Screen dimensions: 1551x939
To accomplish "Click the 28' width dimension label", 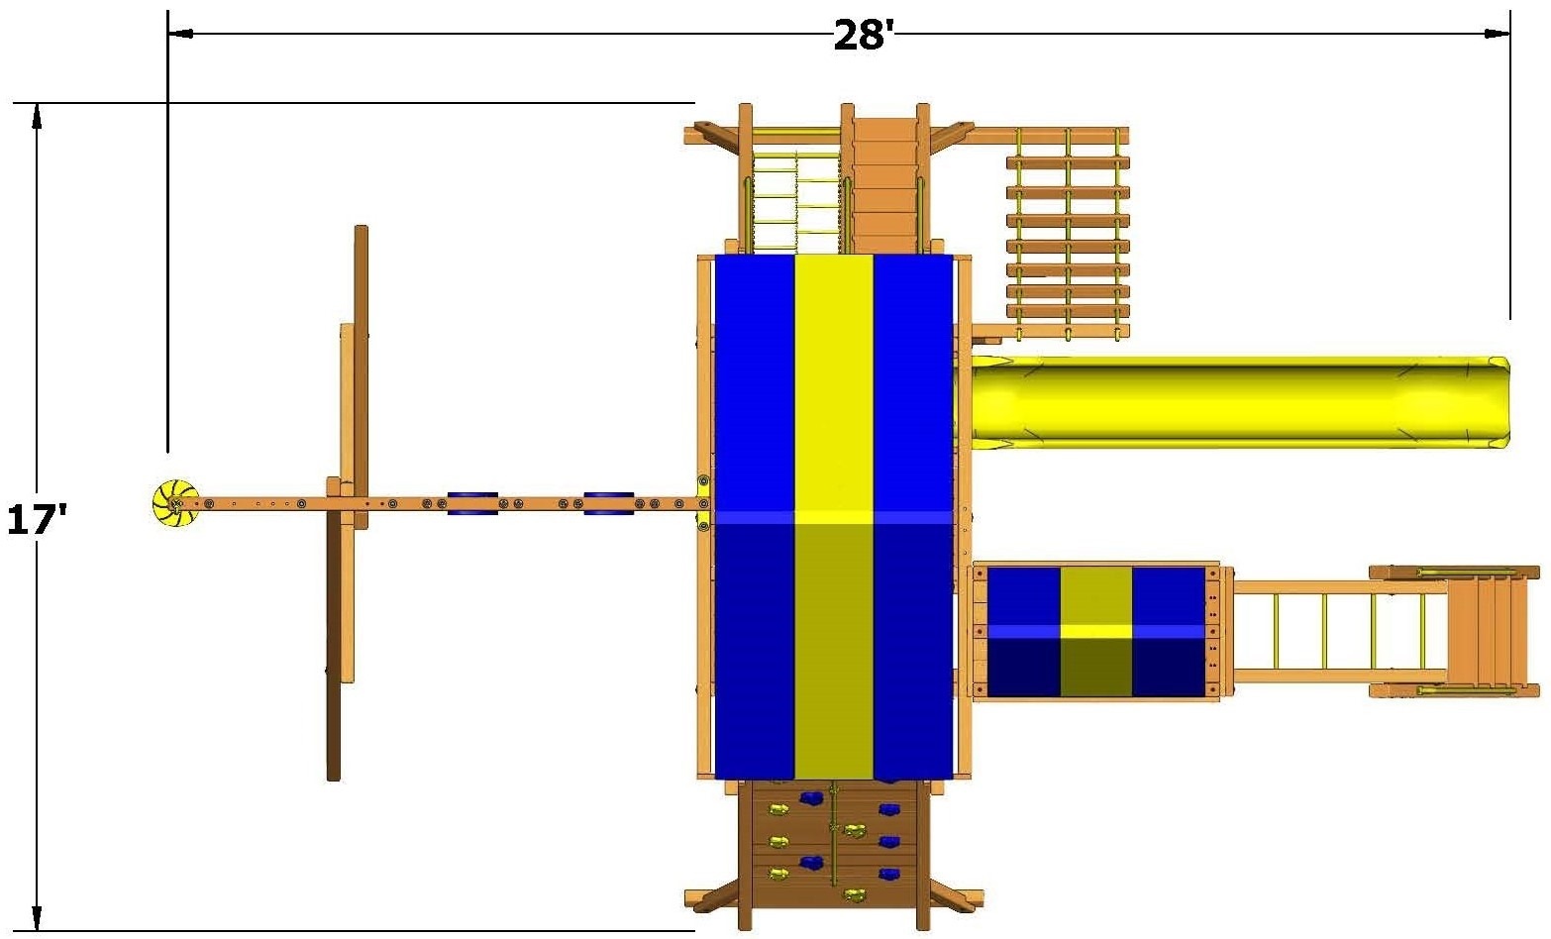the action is click(x=864, y=35).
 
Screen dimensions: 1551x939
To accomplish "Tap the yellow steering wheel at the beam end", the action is click(x=175, y=503).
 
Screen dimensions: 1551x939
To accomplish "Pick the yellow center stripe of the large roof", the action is click(x=834, y=517).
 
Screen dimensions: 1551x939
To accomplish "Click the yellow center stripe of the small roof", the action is click(x=1096, y=632).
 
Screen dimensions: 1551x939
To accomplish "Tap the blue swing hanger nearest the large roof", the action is click(x=609, y=503).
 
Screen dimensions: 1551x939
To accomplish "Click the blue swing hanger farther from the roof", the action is click(x=472, y=503).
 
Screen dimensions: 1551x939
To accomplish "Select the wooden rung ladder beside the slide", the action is click(x=1068, y=234).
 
